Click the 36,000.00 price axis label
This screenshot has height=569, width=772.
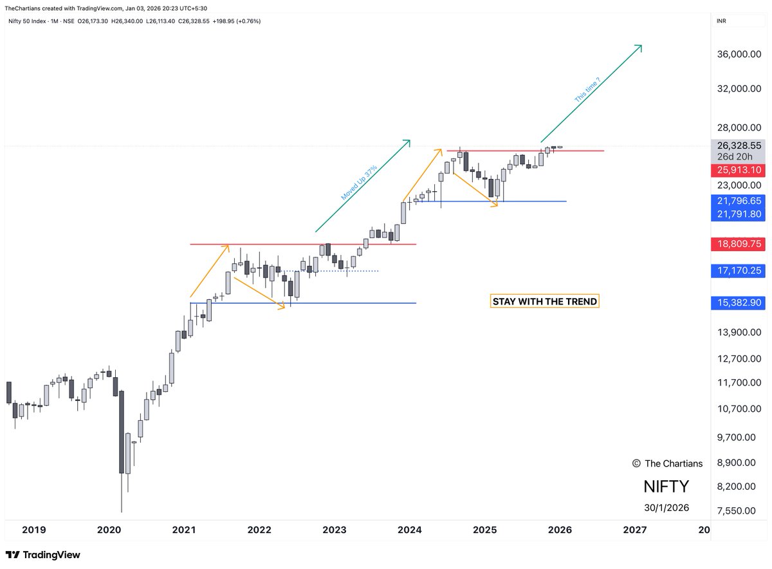click(738, 55)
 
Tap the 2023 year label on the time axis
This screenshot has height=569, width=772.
click(335, 530)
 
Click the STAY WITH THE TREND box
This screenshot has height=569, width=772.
click(544, 301)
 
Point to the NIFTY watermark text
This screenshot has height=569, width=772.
click(666, 486)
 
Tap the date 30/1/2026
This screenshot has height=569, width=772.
click(666, 508)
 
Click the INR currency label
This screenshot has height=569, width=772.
click(722, 21)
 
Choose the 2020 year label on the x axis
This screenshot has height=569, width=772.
click(109, 530)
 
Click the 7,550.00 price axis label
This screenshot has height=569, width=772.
click(738, 511)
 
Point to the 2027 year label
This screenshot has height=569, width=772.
click(635, 530)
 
